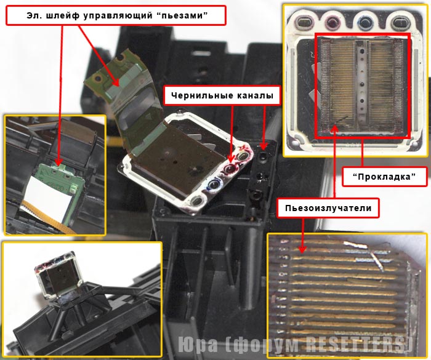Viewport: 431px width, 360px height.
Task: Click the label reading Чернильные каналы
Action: coord(222,95)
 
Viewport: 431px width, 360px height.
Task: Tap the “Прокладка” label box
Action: coord(384,177)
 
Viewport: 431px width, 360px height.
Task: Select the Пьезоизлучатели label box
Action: coord(328,208)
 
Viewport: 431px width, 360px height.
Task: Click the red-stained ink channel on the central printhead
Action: coord(230,168)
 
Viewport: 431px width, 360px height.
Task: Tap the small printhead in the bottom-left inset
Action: coord(60,278)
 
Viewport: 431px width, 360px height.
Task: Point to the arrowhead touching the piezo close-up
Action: coord(302,248)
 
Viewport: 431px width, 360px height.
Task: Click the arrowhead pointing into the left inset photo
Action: coord(58,162)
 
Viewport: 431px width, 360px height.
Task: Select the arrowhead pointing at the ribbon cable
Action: coord(116,82)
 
